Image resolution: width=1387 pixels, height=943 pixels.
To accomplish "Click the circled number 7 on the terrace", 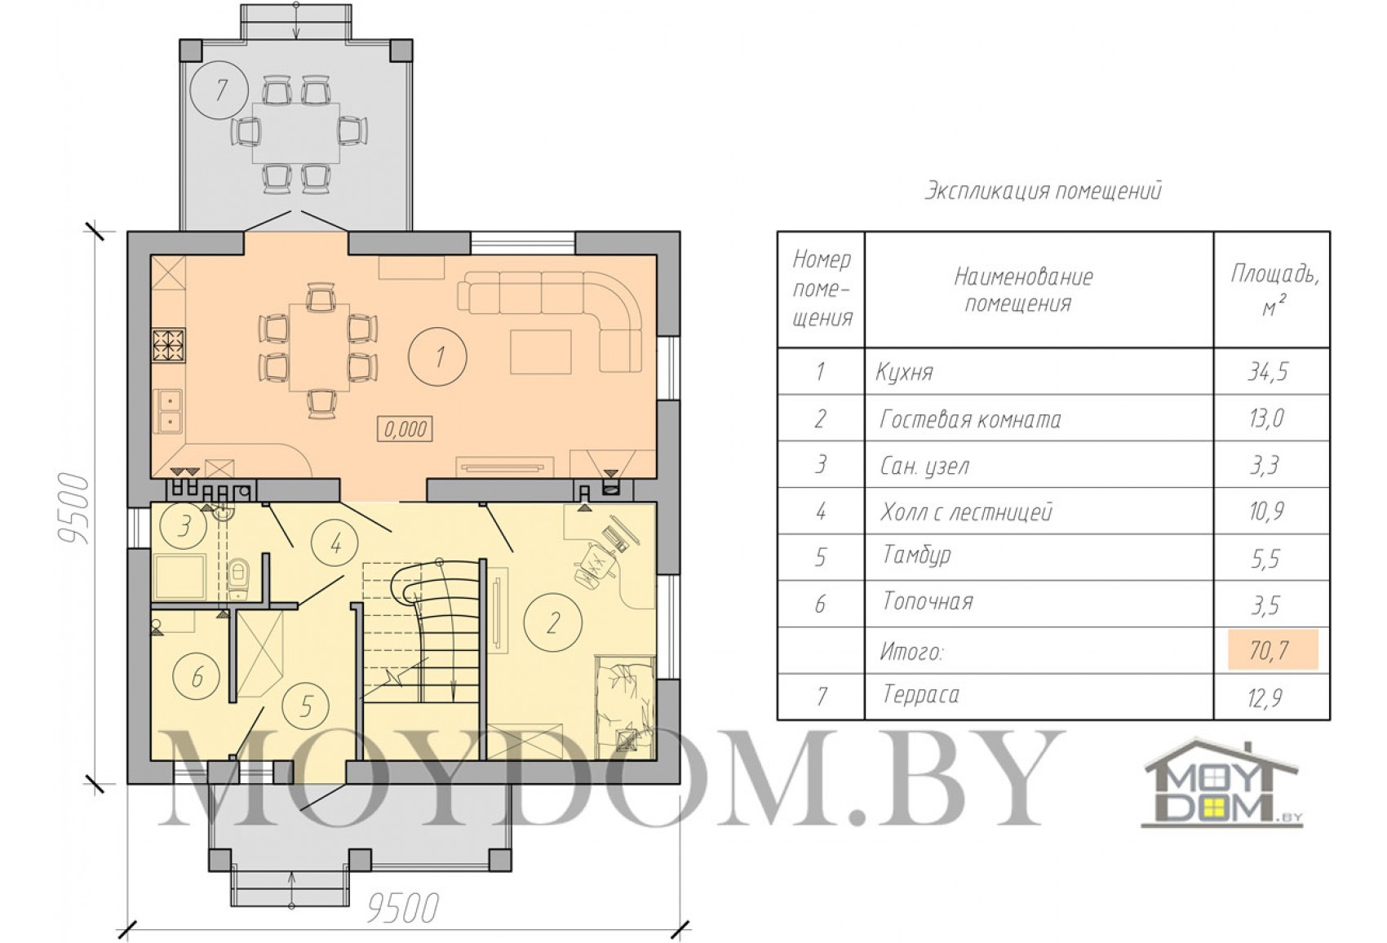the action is tap(219, 91).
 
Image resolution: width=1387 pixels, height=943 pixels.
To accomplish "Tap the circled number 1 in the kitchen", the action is tap(438, 356).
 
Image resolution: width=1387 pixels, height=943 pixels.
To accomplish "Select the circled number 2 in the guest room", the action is tap(553, 622).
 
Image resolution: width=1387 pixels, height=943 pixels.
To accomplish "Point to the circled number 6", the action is tap(197, 677).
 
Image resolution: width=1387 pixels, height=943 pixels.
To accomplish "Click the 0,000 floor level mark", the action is tap(405, 428).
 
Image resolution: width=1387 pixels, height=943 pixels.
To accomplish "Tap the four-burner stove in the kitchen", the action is tap(168, 346).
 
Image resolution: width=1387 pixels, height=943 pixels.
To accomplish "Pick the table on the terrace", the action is tap(297, 132).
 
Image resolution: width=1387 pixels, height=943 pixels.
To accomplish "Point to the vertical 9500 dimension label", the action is tap(74, 509).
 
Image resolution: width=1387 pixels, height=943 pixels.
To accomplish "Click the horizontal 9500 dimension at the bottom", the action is tap(403, 908).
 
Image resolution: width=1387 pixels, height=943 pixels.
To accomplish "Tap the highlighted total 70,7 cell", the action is tap(1273, 649).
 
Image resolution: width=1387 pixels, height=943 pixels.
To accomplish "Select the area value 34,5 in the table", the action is tap(1268, 371).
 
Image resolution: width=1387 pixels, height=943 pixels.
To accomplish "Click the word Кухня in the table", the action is tap(904, 372).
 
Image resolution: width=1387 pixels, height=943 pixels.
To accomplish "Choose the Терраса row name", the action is tap(921, 695).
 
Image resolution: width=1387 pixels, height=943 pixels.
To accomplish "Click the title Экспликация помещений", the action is tap(1043, 191).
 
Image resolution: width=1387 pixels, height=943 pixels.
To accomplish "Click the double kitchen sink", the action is tap(168, 410).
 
